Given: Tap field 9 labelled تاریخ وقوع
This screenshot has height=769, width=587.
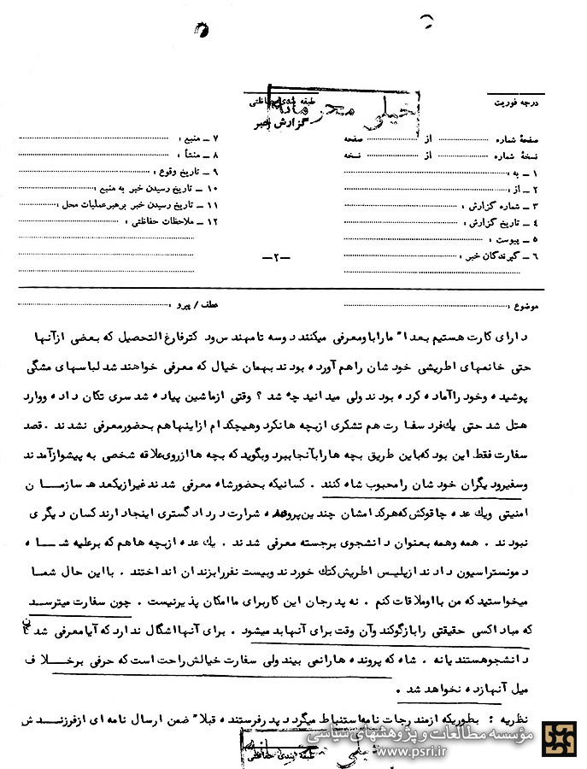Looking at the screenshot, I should point(191,172).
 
